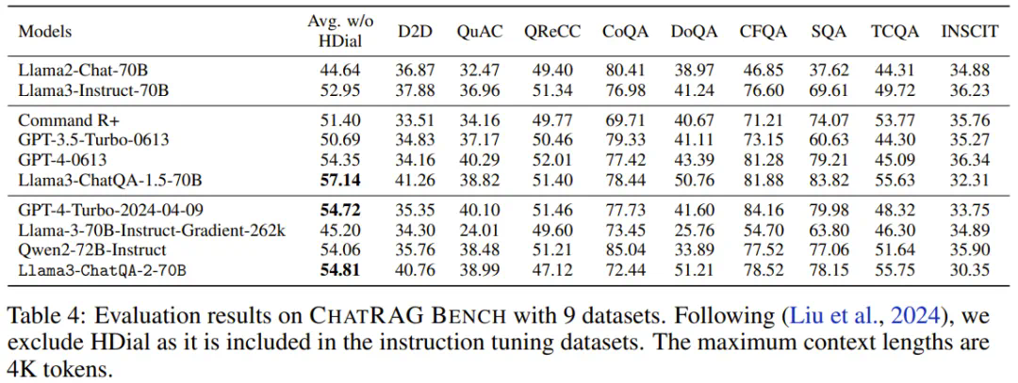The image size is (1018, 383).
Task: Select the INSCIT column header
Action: pyautogui.click(x=969, y=31)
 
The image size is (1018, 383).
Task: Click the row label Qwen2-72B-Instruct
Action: pyautogui.click(x=92, y=250)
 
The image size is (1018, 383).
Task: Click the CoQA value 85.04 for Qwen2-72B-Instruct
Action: pyautogui.click(x=625, y=250)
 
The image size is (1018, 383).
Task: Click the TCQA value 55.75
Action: pyautogui.click(x=892, y=269)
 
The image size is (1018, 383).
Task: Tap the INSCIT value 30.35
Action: pyautogui.click(x=970, y=269)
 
